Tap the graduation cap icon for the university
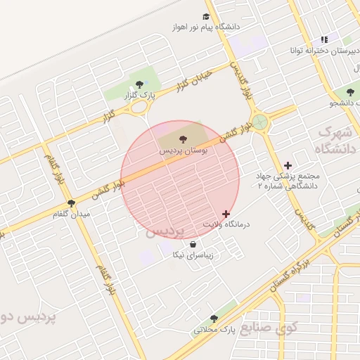206,16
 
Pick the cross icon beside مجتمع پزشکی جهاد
287,165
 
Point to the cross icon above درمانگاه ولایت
225,214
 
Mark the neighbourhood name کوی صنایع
269,328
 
